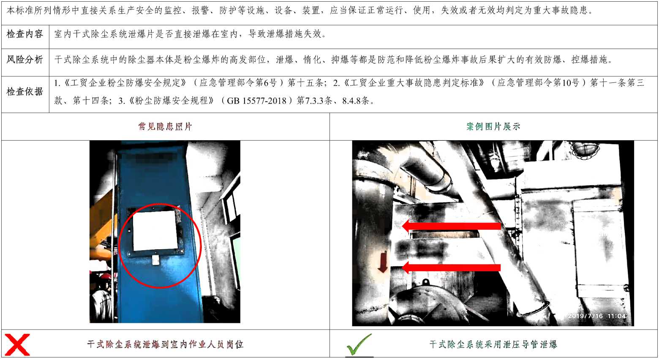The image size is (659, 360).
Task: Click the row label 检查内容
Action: point(25,34)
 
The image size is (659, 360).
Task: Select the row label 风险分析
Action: point(25,60)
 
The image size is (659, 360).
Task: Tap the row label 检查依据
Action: point(25,92)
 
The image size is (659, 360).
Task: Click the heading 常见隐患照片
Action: point(165,127)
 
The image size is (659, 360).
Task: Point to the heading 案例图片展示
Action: point(493,127)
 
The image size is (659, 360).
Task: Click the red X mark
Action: point(17,344)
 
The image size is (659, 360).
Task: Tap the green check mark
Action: point(359,344)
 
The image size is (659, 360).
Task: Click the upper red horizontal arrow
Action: point(451,226)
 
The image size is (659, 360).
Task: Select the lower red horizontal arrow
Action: point(451,267)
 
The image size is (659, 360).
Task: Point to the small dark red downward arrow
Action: point(383,262)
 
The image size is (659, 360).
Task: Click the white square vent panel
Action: point(155,230)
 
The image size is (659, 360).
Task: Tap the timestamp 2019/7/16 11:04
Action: point(596,316)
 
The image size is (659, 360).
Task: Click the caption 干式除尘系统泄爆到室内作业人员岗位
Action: point(165,344)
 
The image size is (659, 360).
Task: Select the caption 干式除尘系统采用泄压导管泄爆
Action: point(493,344)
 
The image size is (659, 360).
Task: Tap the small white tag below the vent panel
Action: point(156,260)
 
